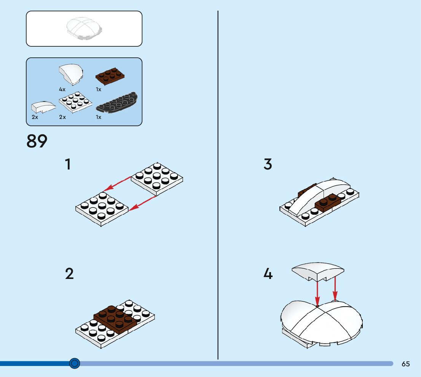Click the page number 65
pyautogui.click(x=406, y=364)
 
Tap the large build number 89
pyautogui.click(x=37, y=141)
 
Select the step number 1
pyautogui.click(x=68, y=165)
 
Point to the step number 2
pyautogui.click(x=69, y=274)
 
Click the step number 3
pyautogui.click(x=268, y=165)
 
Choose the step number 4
pyautogui.click(x=268, y=274)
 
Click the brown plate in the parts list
pyautogui.click(x=110, y=76)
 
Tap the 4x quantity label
pyautogui.click(x=62, y=89)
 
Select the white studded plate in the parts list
pyautogui.click(x=76, y=101)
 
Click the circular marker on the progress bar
pyautogui.click(x=75, y=364)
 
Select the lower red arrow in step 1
pyautogui.click(x=142, y=202)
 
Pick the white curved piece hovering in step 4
pyautogui.click(x=317, y=271)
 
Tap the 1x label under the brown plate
pyautogui.click(x=99, y=89)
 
